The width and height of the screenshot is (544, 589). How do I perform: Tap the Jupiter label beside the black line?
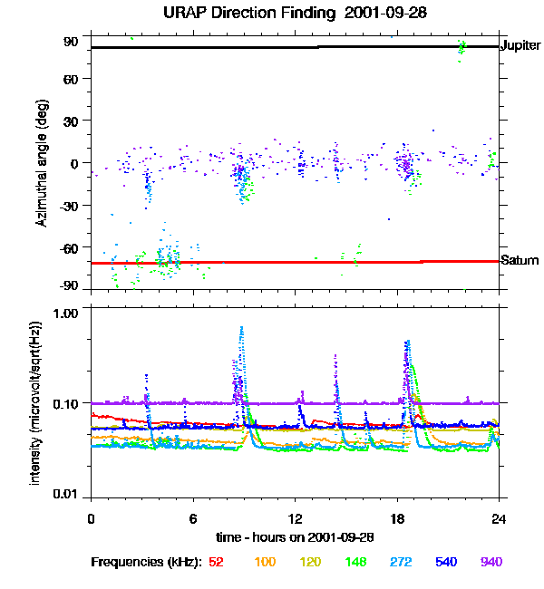click(x=520, y=44)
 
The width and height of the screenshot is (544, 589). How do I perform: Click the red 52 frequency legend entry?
click(x=217, y=562)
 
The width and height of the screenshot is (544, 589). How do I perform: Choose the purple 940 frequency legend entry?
click(x=491, y=562)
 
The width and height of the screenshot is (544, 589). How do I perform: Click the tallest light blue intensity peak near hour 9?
click(x=241, y=328)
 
